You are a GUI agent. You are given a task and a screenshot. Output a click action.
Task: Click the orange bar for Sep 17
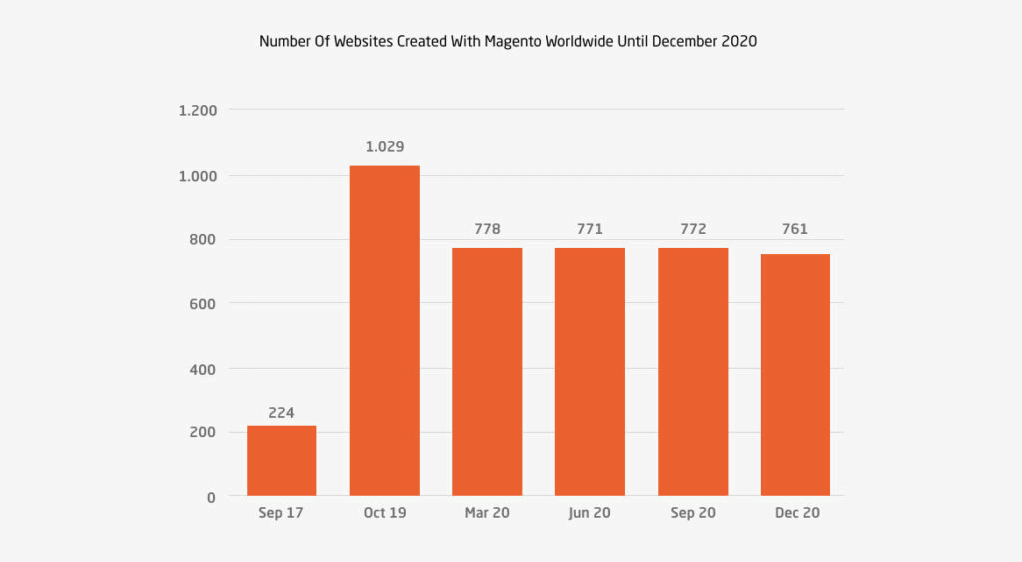click(281, 460)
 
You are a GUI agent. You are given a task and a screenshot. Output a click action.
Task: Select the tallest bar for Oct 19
click(384, 330)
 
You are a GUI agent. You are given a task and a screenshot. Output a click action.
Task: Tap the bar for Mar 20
click(487, 371)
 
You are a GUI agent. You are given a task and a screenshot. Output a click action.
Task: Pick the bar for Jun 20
click(590, 371)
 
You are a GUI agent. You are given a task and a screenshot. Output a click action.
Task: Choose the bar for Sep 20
click(693, 371)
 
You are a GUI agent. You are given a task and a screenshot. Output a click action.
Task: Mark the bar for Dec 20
click(794, 374)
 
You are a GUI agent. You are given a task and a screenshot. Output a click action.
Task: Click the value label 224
click(281, 412)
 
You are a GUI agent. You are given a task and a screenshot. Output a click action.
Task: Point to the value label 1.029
click(384, 146)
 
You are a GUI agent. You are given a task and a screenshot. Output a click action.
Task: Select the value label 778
click(487, 229)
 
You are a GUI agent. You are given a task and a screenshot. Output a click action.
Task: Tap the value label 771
click(590, 229)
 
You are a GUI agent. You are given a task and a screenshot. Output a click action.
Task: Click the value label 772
click(693, 229)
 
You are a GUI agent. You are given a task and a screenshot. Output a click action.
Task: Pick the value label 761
click(794, 229)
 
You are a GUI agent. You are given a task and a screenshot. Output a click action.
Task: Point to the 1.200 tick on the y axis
click(197, 110)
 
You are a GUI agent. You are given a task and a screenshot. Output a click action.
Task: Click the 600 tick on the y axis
click(204, 303)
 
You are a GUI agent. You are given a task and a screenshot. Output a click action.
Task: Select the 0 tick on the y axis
click(211, 497)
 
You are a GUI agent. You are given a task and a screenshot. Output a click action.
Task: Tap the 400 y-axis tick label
click(204, 369)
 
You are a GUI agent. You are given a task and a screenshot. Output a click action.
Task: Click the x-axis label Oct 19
click(384, 513)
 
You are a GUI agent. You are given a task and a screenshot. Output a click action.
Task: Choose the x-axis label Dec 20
click(794, 513)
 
